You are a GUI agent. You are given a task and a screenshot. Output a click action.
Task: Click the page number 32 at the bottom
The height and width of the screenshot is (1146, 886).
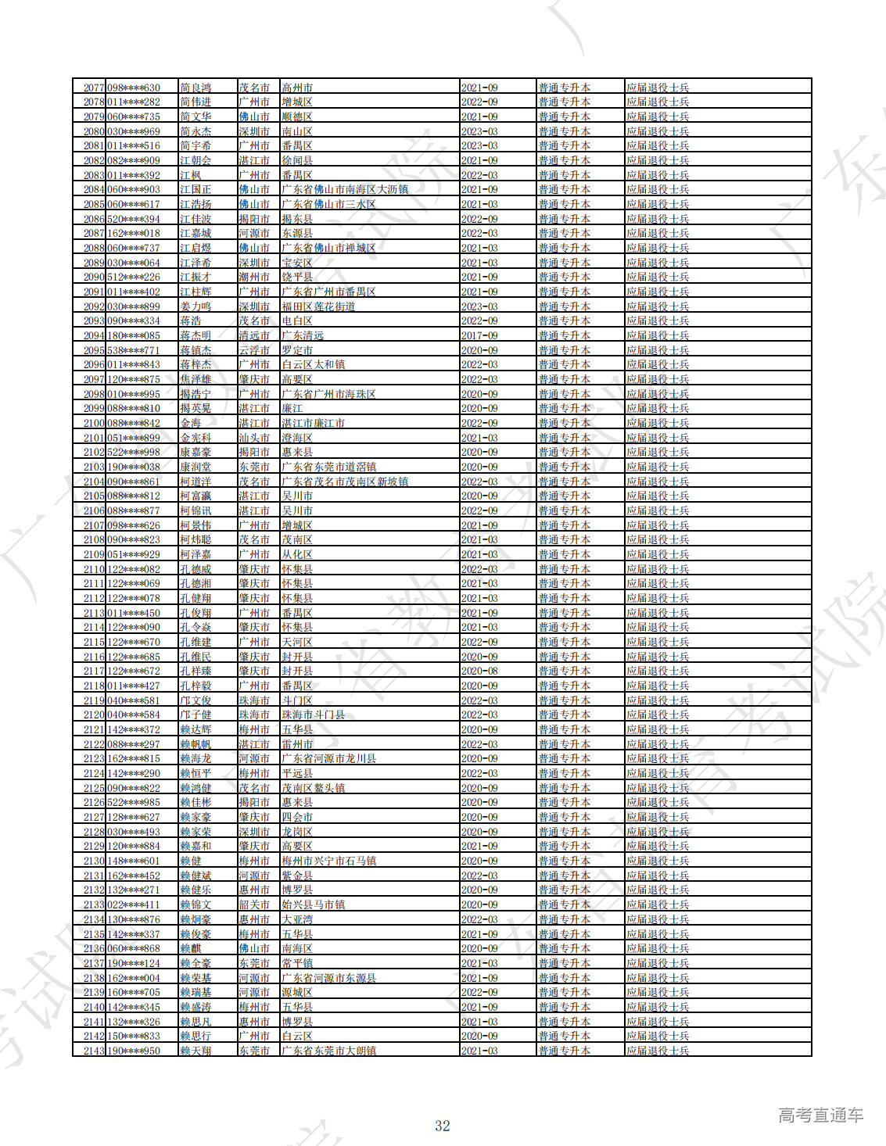click(x=443, y=1126)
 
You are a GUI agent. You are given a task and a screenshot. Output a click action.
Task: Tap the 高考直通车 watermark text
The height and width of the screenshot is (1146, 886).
click(x=820, y=1116)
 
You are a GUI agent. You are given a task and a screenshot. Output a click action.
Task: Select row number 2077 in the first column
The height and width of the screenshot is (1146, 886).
click(x=93, y=88)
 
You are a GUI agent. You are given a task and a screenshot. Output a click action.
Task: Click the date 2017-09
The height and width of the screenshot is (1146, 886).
click(x=479, y=335)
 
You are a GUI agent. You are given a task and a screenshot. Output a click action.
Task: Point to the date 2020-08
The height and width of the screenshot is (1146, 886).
click(x=479, y=671)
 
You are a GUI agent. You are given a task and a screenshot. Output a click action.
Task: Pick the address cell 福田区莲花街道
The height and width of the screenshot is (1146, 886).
click(x=318, y=306)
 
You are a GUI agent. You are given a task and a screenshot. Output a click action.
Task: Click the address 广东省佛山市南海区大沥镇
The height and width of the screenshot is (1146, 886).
click(x=345, y=189)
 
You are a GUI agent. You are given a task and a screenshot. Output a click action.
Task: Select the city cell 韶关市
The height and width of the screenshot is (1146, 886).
click(x=254, y=904)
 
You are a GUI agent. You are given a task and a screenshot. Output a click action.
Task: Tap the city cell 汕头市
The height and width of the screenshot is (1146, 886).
click(x=254, y=438)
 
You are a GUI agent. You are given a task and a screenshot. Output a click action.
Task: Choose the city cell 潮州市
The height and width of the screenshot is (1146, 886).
click(x=254, y=277)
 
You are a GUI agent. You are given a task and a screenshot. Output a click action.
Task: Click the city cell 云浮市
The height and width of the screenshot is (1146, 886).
click(x=254, y=350)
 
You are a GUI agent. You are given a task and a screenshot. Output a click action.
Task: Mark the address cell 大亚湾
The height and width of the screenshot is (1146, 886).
click(x=297, y=919)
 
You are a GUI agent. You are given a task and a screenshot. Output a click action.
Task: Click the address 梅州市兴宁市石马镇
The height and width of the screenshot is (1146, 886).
click(x=329, y=861)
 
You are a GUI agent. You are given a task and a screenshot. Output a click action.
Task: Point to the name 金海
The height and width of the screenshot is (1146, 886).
click(x=191, y=423)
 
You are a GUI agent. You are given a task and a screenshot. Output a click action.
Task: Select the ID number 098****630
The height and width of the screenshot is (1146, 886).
click(x=134, y=88)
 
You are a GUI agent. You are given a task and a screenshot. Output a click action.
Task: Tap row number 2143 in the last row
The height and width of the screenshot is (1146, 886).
click(x=93, y=1051)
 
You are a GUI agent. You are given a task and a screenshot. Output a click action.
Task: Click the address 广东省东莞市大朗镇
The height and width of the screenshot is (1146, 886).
click(x=329, y=1051)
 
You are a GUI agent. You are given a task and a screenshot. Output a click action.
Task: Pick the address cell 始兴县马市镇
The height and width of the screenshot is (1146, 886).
click(x=314, y=904)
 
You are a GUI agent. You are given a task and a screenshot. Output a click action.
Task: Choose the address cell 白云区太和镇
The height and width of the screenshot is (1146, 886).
click(x=314, y=364)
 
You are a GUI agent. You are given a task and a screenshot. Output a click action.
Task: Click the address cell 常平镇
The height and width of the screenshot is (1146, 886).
click(x=297, y=963)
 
